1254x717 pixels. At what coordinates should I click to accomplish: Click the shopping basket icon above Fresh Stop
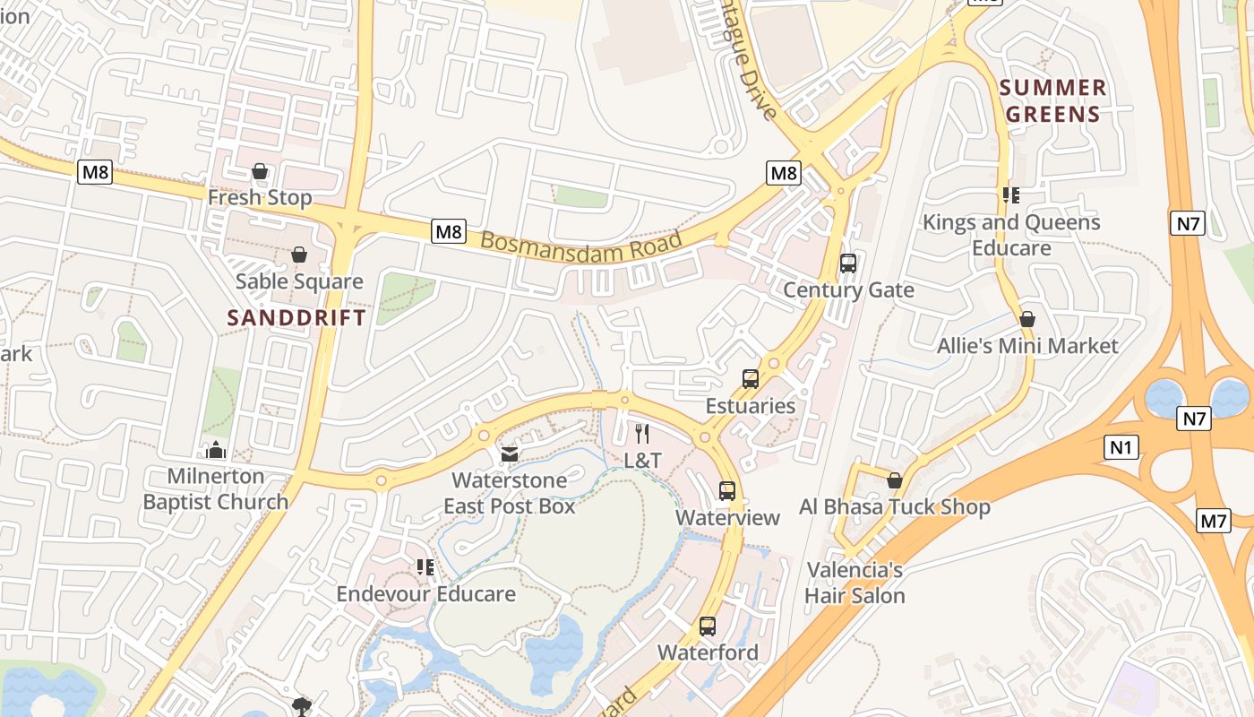tap(260, 171)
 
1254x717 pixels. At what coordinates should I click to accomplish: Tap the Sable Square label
tap(299, 281)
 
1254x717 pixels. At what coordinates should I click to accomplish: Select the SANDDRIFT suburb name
tap(296, 317)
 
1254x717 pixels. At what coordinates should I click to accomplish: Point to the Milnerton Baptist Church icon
tap(215, 449)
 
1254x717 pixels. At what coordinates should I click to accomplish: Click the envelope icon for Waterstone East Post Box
tap(510, 454)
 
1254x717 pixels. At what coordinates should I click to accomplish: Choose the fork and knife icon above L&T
tap(642, 435)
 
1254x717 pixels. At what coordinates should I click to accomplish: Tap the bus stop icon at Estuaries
tap(751, 379)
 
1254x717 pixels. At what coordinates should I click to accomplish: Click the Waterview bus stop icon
tap(727, 491)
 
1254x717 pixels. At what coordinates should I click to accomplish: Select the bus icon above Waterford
tap(708, 626)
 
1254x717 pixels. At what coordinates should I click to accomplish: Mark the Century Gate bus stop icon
tap(848, 263)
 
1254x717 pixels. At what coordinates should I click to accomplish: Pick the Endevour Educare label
tap(426, 594)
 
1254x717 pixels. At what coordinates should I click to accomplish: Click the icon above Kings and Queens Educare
tap(1011, 194)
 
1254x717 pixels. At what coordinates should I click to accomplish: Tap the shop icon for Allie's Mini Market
tap(1027, 319)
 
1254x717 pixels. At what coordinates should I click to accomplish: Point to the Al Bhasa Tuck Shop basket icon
tap(894, 480)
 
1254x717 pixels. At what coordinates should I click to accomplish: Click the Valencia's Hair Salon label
tap(855, 583)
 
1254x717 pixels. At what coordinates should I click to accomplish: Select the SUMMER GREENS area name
tap(1053, 100)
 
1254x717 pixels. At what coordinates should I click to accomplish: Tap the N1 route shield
tap(1121, 447)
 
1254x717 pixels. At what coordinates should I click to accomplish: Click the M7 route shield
tap(1213, 520)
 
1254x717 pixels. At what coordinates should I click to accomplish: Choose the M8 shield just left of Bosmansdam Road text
tap(449, 231)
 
